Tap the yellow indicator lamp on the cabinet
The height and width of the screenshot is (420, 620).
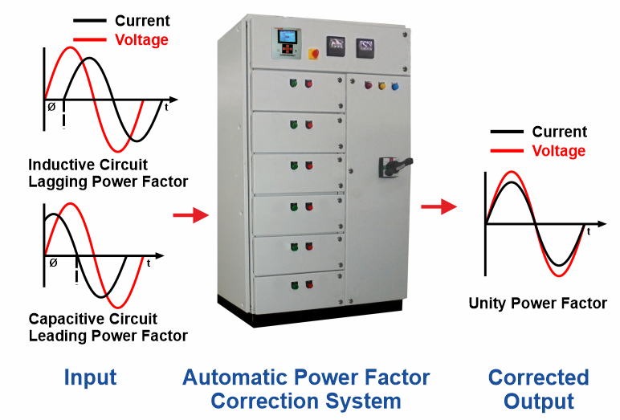pyautogui.click(x=381, y=84)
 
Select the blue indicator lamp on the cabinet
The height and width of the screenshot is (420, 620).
pyautogui.click(x=394, y=84)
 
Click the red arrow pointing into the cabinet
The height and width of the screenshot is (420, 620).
pyautogui.click(x=190, y=215)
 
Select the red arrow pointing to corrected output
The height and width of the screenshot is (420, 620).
pyautogui.click(x=438, y=207)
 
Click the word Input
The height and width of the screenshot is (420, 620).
pyautogui.click(x=90, y=377)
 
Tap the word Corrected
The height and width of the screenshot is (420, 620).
pyautogui.click(x=538, y=377)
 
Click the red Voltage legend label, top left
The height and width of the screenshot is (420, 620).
pyautogui.click(x=142, y=39)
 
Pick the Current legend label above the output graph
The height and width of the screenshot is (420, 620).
pyautogui.click(x=560, y=132)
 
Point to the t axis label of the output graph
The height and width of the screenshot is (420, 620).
pyautogui.click(x=589, y=231)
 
